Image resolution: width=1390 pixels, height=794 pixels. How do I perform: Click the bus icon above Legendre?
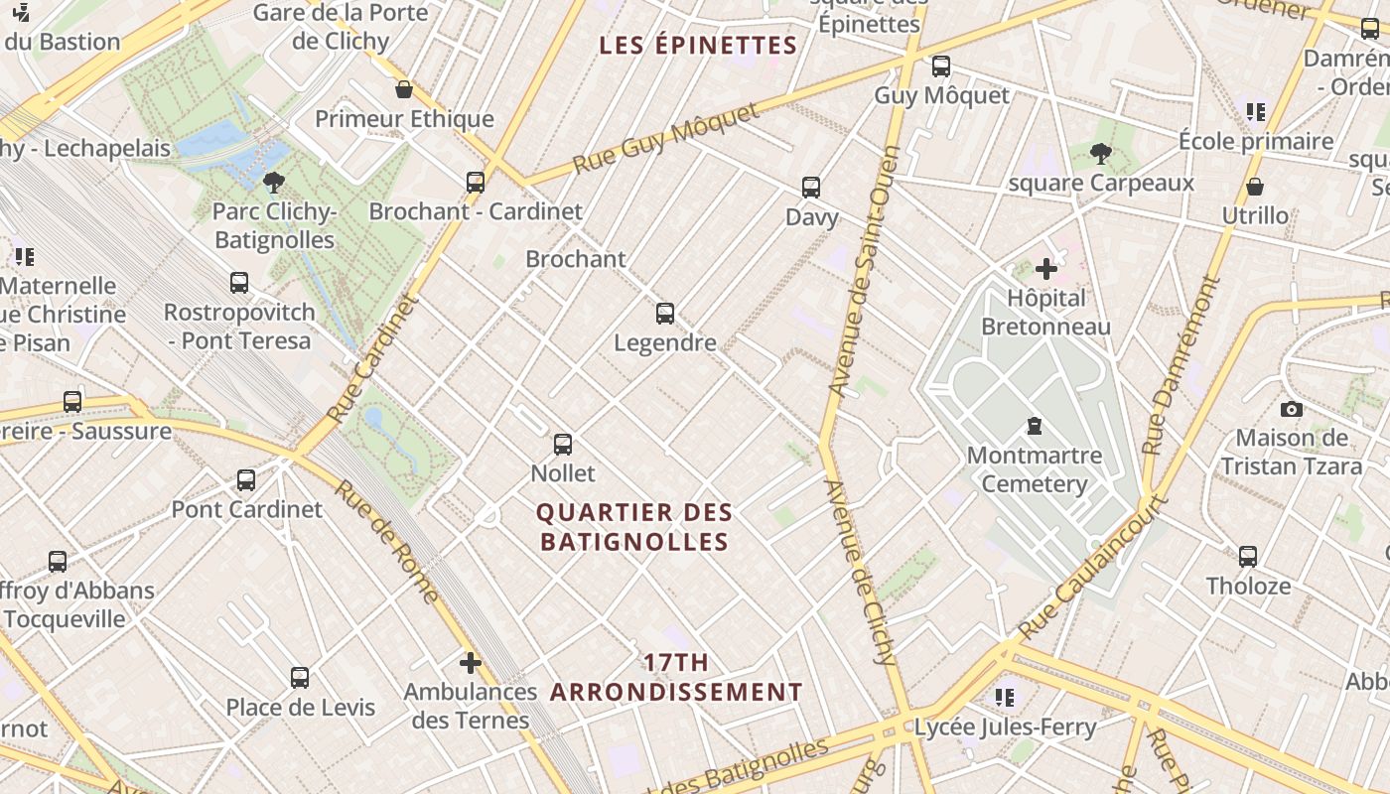click(x=665, y=314)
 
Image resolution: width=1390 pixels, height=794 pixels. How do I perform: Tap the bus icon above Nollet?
click(x=563, y=444)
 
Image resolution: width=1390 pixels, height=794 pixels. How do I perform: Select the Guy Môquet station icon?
click(x=940, y=66)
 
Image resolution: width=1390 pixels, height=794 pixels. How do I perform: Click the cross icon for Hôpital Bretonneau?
click(x=1046, y=269)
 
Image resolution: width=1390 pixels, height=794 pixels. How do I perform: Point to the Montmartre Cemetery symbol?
click(x=1035, y=427)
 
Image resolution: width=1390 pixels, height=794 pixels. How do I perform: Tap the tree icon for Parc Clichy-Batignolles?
click(x=274, y=182)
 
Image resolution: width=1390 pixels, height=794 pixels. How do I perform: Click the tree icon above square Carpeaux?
click(x=1100, y=154)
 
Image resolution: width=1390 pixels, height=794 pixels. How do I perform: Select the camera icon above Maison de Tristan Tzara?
click(x=1291, y=409)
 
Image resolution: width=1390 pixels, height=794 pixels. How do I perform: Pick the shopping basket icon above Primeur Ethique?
click(x=404, y=90)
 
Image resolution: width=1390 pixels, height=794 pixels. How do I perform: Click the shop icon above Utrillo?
click(x=1255, y=187)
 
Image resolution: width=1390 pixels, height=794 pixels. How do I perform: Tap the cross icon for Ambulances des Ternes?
click(x=471, y=662)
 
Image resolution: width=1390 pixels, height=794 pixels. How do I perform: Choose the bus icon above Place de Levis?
click(x=300, y=678)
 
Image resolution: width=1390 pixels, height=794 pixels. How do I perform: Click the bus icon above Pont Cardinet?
click(x=246, y=480)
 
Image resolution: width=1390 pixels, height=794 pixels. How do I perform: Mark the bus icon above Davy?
click(x=811, y=188)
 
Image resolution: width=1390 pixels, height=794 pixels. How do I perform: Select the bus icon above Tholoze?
click(x=1248, y=557)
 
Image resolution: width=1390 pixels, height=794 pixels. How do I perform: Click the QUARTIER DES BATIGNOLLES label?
click(x=633, y=527)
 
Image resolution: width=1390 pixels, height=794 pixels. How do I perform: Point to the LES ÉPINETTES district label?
click(x=699, y=46)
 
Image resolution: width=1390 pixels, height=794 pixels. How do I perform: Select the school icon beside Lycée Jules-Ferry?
click(x=1005, y=698)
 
